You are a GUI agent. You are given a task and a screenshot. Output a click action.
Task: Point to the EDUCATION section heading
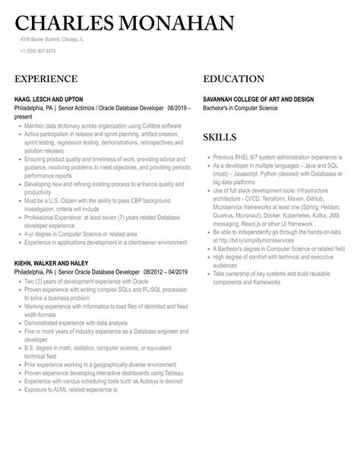tap(234, 78)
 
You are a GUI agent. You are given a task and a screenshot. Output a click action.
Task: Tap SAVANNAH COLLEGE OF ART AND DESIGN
tap(269, 99)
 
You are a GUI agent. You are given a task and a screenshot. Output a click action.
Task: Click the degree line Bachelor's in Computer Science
tap(240, 108)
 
